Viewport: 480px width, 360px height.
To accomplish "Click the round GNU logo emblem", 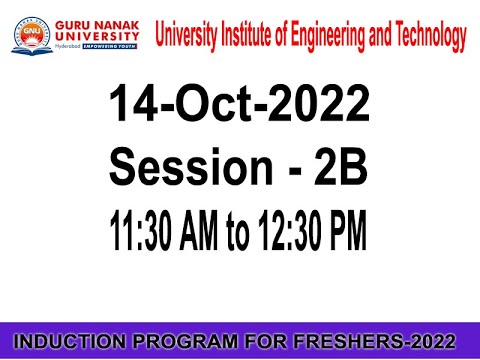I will [32, 36].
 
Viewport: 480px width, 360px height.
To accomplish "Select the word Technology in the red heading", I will [424, 37].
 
